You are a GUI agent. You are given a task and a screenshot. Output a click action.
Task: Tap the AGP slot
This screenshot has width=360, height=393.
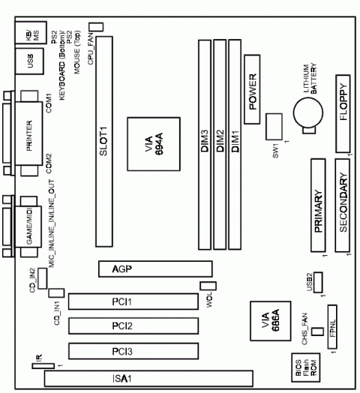click(154, 269)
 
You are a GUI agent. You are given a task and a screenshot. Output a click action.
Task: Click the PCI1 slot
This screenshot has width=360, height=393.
click(135, 301)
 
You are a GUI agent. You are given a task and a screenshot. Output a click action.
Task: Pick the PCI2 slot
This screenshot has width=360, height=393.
click(135, 326)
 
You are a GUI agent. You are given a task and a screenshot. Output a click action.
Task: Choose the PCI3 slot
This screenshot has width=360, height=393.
click(135, 351)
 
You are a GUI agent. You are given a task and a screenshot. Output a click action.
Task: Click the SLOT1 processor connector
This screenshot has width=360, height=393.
click(105, 142)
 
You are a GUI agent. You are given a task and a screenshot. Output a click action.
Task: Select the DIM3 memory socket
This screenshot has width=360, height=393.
click(203, 142)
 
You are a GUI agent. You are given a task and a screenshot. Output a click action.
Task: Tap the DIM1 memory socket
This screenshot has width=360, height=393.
click(235, 142)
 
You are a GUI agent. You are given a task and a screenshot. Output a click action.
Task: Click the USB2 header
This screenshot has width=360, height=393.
click(318, 281)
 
